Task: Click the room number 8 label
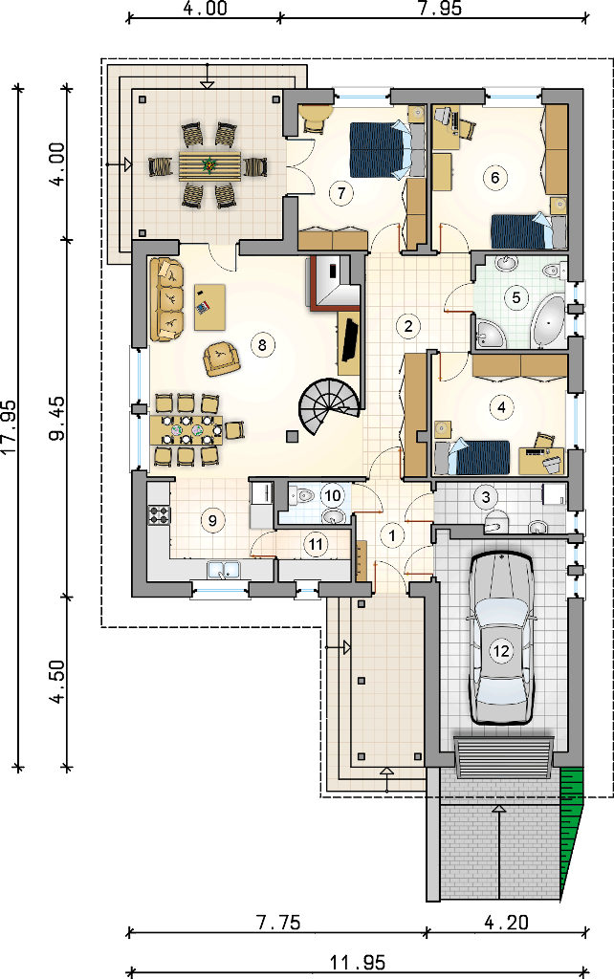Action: pyautogui.click(x=262, y=345)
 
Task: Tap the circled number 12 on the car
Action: pyautogui.click(x=501, y=651)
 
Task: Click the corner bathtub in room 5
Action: pyautogui.click(x=549, y=320)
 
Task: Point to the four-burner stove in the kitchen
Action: pyautogui.click(x=159, y=515)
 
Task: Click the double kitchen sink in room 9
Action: pyautogui.click(x=224, y=570)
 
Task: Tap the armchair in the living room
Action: pyautogui.click(x=221, y=359)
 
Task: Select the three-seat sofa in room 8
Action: pyautogui.click(x=166, y=299)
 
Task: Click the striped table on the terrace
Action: pyautogui.click(x=209, y=166)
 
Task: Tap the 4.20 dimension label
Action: pyautogui.click(x=507, y=922)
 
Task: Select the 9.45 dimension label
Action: pyautogui.click(x=56, y=418)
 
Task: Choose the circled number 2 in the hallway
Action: pyautogui.click(x=407, y=326)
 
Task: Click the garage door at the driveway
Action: pyautogui.click(x=503, y=758)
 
